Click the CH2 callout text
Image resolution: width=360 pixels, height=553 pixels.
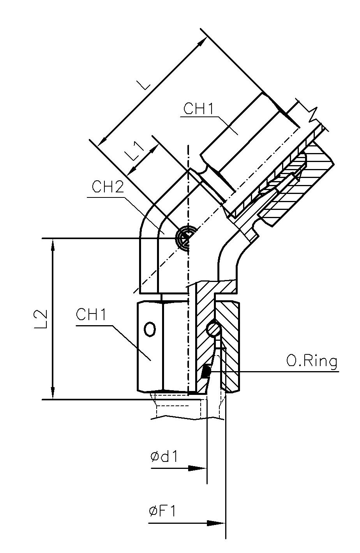click(x=108, y=187)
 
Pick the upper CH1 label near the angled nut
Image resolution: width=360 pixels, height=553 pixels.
click(x=199, y=109)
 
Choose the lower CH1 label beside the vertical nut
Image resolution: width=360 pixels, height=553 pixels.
click(x=92, y=315)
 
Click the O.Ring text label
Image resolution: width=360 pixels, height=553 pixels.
click(x=311, y=362)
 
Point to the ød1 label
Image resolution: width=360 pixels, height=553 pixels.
click(x=164, y=456)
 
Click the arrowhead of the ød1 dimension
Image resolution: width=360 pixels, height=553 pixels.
click(x=199, y=468)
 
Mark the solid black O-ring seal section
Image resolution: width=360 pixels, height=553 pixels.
click(x=206, y=372)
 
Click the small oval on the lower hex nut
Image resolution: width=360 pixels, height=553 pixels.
click(x=150, y=329)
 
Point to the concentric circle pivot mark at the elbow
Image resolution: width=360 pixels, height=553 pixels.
click(x=184, y=237)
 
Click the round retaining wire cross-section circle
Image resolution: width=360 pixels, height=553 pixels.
click(x=214, y=329)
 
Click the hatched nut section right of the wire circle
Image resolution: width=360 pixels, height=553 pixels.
click(x=230, y=343)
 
